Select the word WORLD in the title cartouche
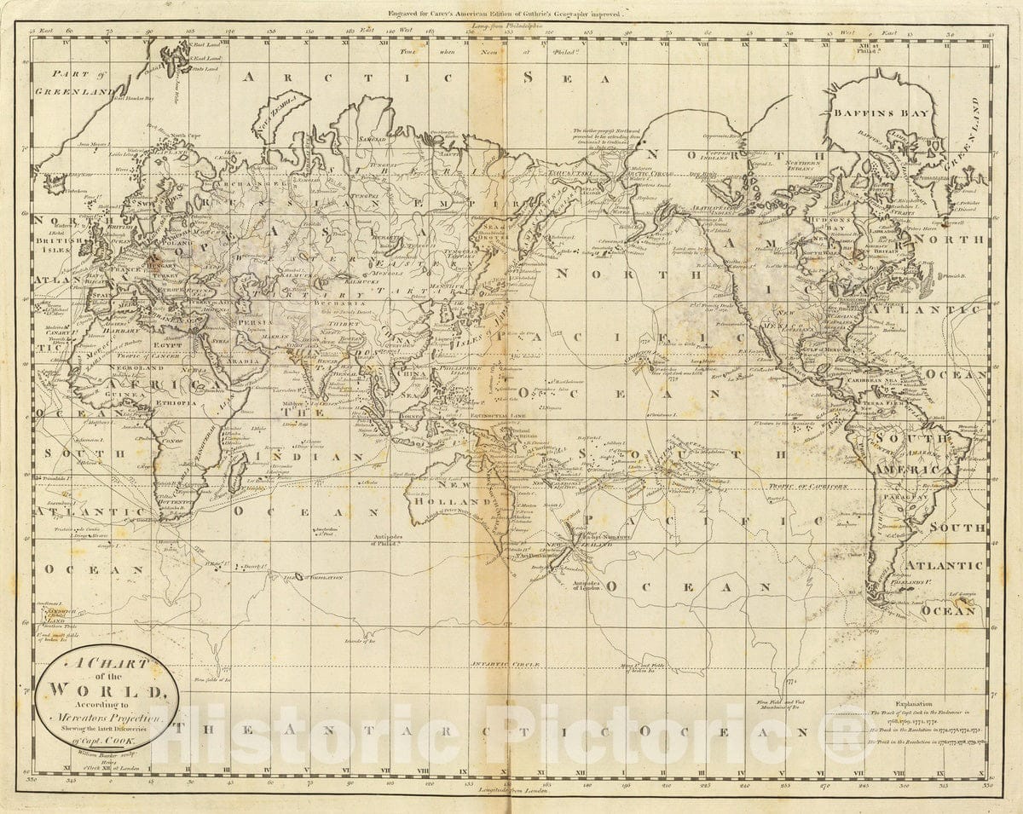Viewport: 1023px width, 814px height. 107,690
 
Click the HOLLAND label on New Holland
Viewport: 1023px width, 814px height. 444,501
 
